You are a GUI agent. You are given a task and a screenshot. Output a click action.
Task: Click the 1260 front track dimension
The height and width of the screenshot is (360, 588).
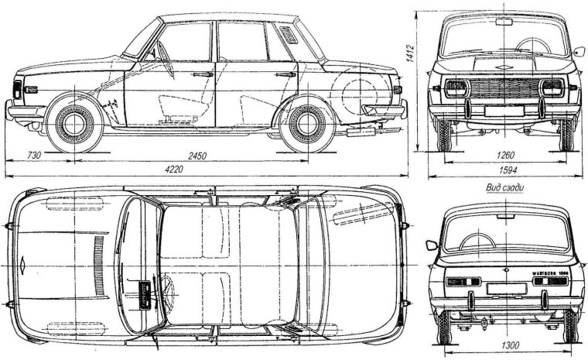click(x=504, y=155)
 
